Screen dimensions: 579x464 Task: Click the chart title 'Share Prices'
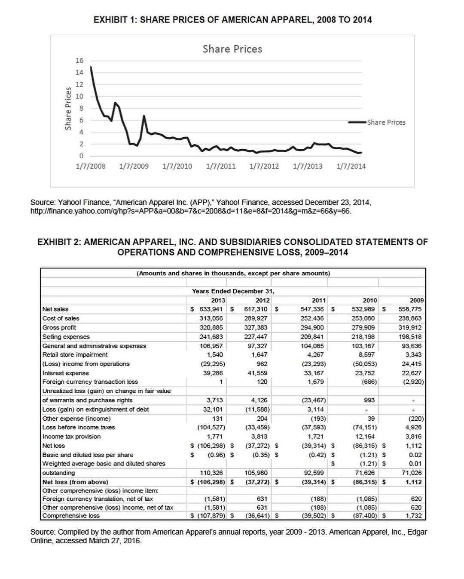[232, 49]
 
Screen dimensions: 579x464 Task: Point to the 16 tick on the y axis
[80, 61]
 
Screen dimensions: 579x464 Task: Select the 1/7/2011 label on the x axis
[221, 166]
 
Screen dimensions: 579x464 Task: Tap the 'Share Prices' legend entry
[386, 122]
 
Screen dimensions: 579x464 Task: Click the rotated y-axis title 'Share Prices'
[68, 108]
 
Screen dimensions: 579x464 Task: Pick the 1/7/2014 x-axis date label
[351, 166]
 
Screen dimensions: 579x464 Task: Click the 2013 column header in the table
[218, 300]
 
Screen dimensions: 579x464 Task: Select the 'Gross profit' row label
[59, 327]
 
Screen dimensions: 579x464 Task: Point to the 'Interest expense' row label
[66, 373]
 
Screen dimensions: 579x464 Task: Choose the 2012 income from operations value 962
[262, 364]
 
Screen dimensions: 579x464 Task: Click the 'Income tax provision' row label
[71, 436]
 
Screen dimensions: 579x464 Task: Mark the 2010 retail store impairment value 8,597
[366, 355]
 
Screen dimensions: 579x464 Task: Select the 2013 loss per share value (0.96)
[217, 455]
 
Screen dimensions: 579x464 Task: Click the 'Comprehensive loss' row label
[71, 515]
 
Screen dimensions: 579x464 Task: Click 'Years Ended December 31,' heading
[233, 291]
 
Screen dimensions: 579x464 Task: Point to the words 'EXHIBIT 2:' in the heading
[59, 242]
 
